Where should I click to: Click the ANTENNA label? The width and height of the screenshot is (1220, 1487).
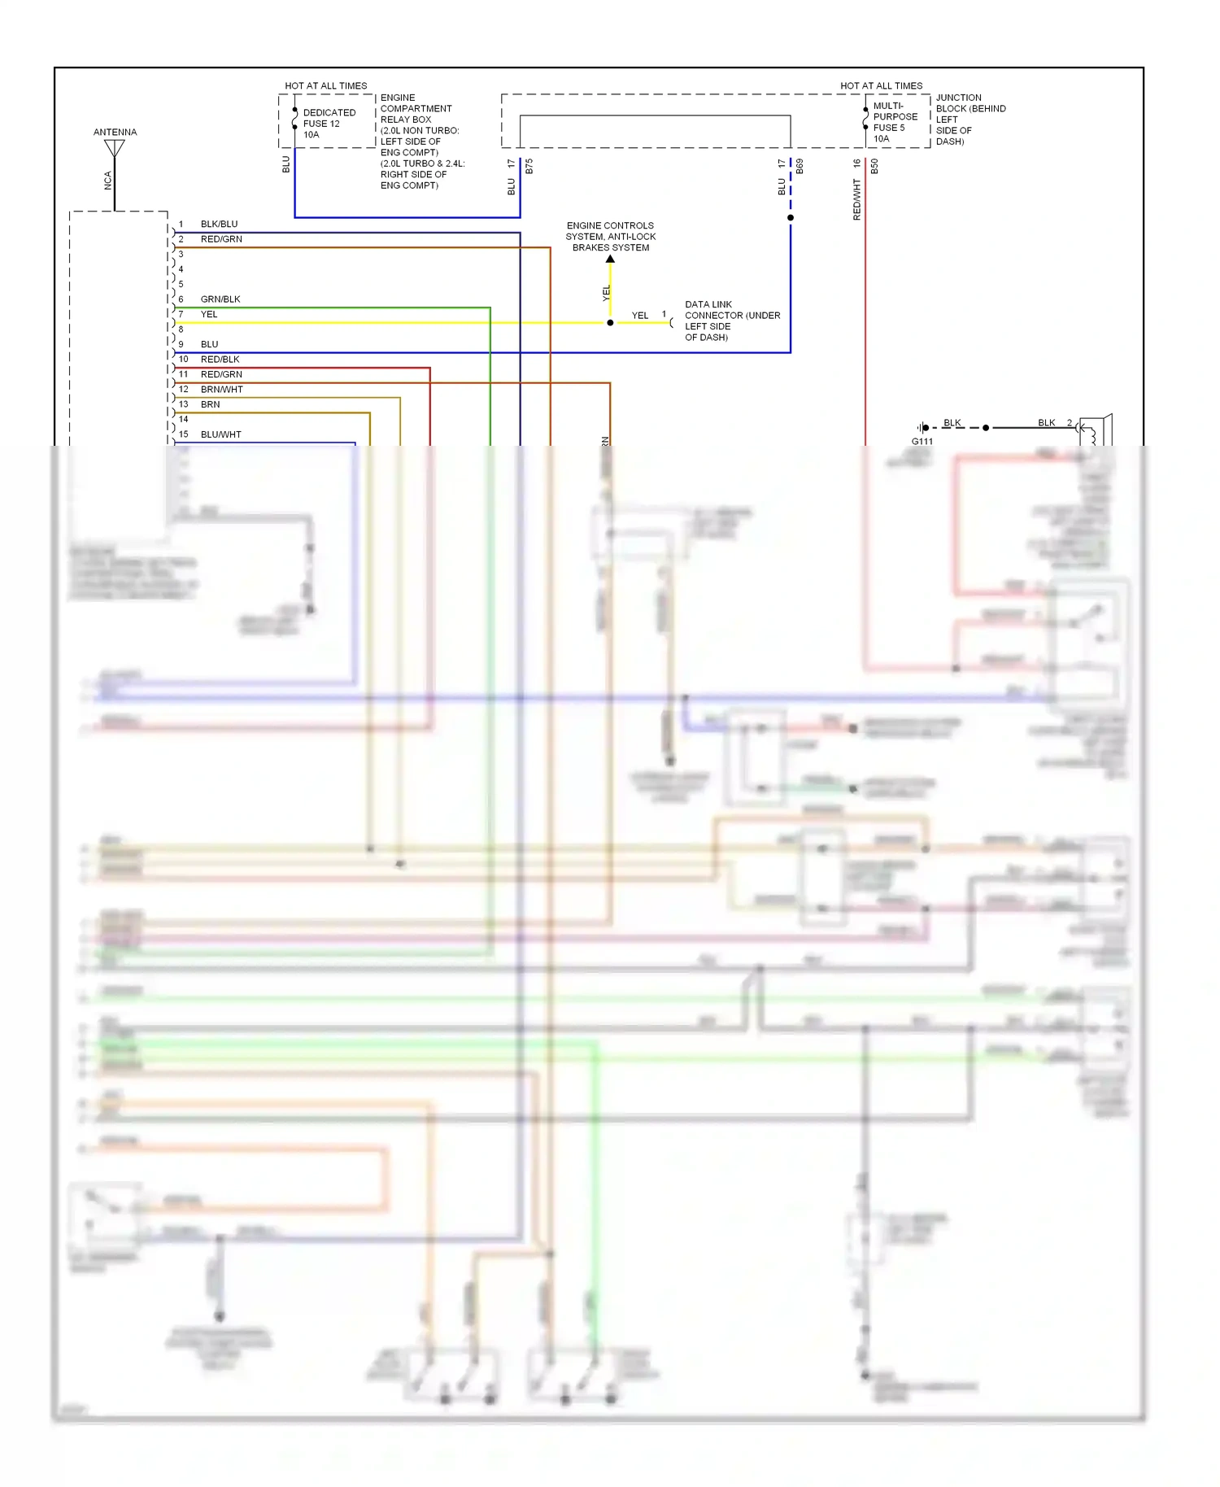pos(115,132)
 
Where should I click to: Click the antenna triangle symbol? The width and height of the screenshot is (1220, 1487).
pos(115,148)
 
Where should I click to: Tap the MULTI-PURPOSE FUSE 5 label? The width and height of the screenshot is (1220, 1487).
pos(895,122)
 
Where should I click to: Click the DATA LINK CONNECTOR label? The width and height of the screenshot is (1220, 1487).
pos(732,321)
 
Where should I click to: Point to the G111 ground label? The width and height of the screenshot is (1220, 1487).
pos(922,442)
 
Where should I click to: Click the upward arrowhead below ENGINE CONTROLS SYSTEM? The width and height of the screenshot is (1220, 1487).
pos(610,259)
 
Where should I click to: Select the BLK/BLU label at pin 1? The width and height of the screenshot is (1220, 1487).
pos(219,224)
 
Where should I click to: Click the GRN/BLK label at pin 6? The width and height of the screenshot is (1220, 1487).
pos(220,299)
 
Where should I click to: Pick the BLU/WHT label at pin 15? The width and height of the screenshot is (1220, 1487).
pos(220,434)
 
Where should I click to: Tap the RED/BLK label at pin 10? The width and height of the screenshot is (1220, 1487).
pos(220,360)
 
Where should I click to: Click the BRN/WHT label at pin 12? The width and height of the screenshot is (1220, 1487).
pos(221,390)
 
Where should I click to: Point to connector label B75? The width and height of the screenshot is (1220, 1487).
pos(529,167)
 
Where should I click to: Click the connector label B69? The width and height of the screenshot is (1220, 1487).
pos(800,167)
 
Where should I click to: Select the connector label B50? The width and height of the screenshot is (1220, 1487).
pos(874,167)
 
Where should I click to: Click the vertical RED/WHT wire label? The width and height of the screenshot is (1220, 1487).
pos(856,200)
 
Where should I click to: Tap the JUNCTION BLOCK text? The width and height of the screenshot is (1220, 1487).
pos(969,119)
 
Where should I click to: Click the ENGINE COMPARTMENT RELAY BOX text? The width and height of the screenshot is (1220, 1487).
pos(419,141)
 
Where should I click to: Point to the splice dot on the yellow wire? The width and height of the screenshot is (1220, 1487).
pos(610,323)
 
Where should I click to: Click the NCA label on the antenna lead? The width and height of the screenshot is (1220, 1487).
pos(107,181)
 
